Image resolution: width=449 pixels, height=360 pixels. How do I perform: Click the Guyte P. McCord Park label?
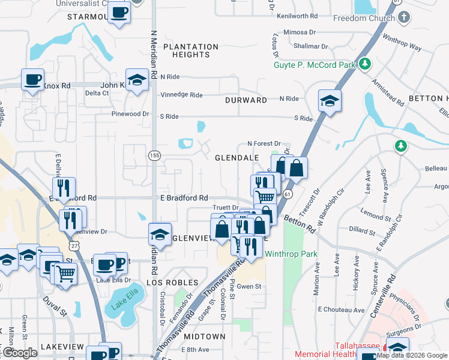pos(315,64)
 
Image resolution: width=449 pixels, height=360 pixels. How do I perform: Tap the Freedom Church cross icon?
pos(405,17)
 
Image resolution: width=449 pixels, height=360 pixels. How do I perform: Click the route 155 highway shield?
pos(154,155)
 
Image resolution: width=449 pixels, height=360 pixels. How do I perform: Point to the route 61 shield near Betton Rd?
pos(288,194)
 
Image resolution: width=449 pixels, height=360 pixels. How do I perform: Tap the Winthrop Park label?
pos(291,254)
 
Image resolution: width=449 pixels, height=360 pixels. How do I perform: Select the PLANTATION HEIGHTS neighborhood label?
pos(191,50)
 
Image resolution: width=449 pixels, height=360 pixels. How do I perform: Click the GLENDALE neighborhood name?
pos(237,157)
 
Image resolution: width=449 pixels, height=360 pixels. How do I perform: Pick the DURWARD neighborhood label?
pos(246,100)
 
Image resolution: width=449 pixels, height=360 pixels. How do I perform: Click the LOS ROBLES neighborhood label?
pos(172,282)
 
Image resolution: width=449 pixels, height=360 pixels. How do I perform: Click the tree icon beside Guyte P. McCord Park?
pos(364,63)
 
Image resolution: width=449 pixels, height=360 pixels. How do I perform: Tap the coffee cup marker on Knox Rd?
pos(32,79)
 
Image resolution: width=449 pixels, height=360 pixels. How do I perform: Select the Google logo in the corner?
pos(20,353)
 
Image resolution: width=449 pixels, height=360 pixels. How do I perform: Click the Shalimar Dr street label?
pos(311,46)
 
